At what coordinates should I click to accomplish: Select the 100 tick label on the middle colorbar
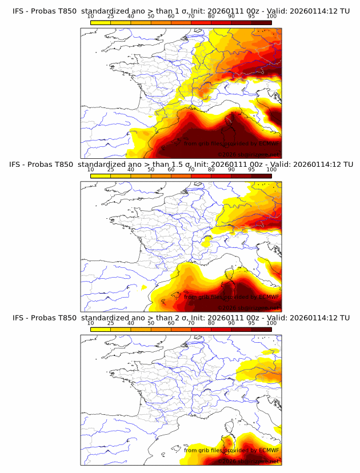click(271, 169)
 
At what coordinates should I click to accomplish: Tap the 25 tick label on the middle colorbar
click(111, 169)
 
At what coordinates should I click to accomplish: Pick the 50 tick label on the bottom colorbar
click(151, 323)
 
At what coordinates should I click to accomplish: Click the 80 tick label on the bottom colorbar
click(211, 323)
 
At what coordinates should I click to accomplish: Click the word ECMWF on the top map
click(269, 143)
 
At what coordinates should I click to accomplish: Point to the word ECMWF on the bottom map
click(269, 450)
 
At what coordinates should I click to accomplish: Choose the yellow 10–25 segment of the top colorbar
click(101, 22)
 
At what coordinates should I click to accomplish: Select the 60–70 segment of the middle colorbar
click(181, 175)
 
